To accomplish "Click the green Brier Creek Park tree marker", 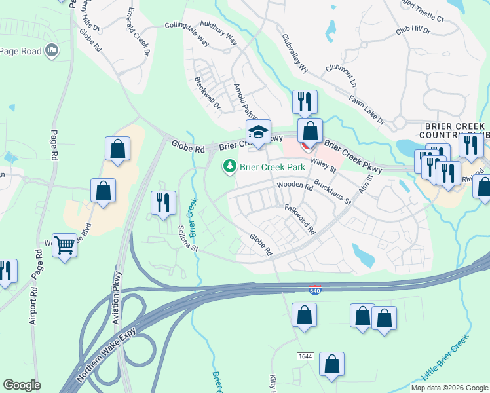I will [229, 167].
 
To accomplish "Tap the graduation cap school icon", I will [258, 132].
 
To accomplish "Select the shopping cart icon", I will [65, 246].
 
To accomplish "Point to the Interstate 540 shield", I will [316, 290].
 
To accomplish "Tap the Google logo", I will [22, 385].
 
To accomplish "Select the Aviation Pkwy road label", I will [117, 297].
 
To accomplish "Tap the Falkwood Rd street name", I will [301, 219].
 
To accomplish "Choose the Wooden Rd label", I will [295, 186].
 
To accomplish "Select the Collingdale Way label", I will [186, 35].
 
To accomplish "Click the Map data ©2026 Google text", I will [449, 388].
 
